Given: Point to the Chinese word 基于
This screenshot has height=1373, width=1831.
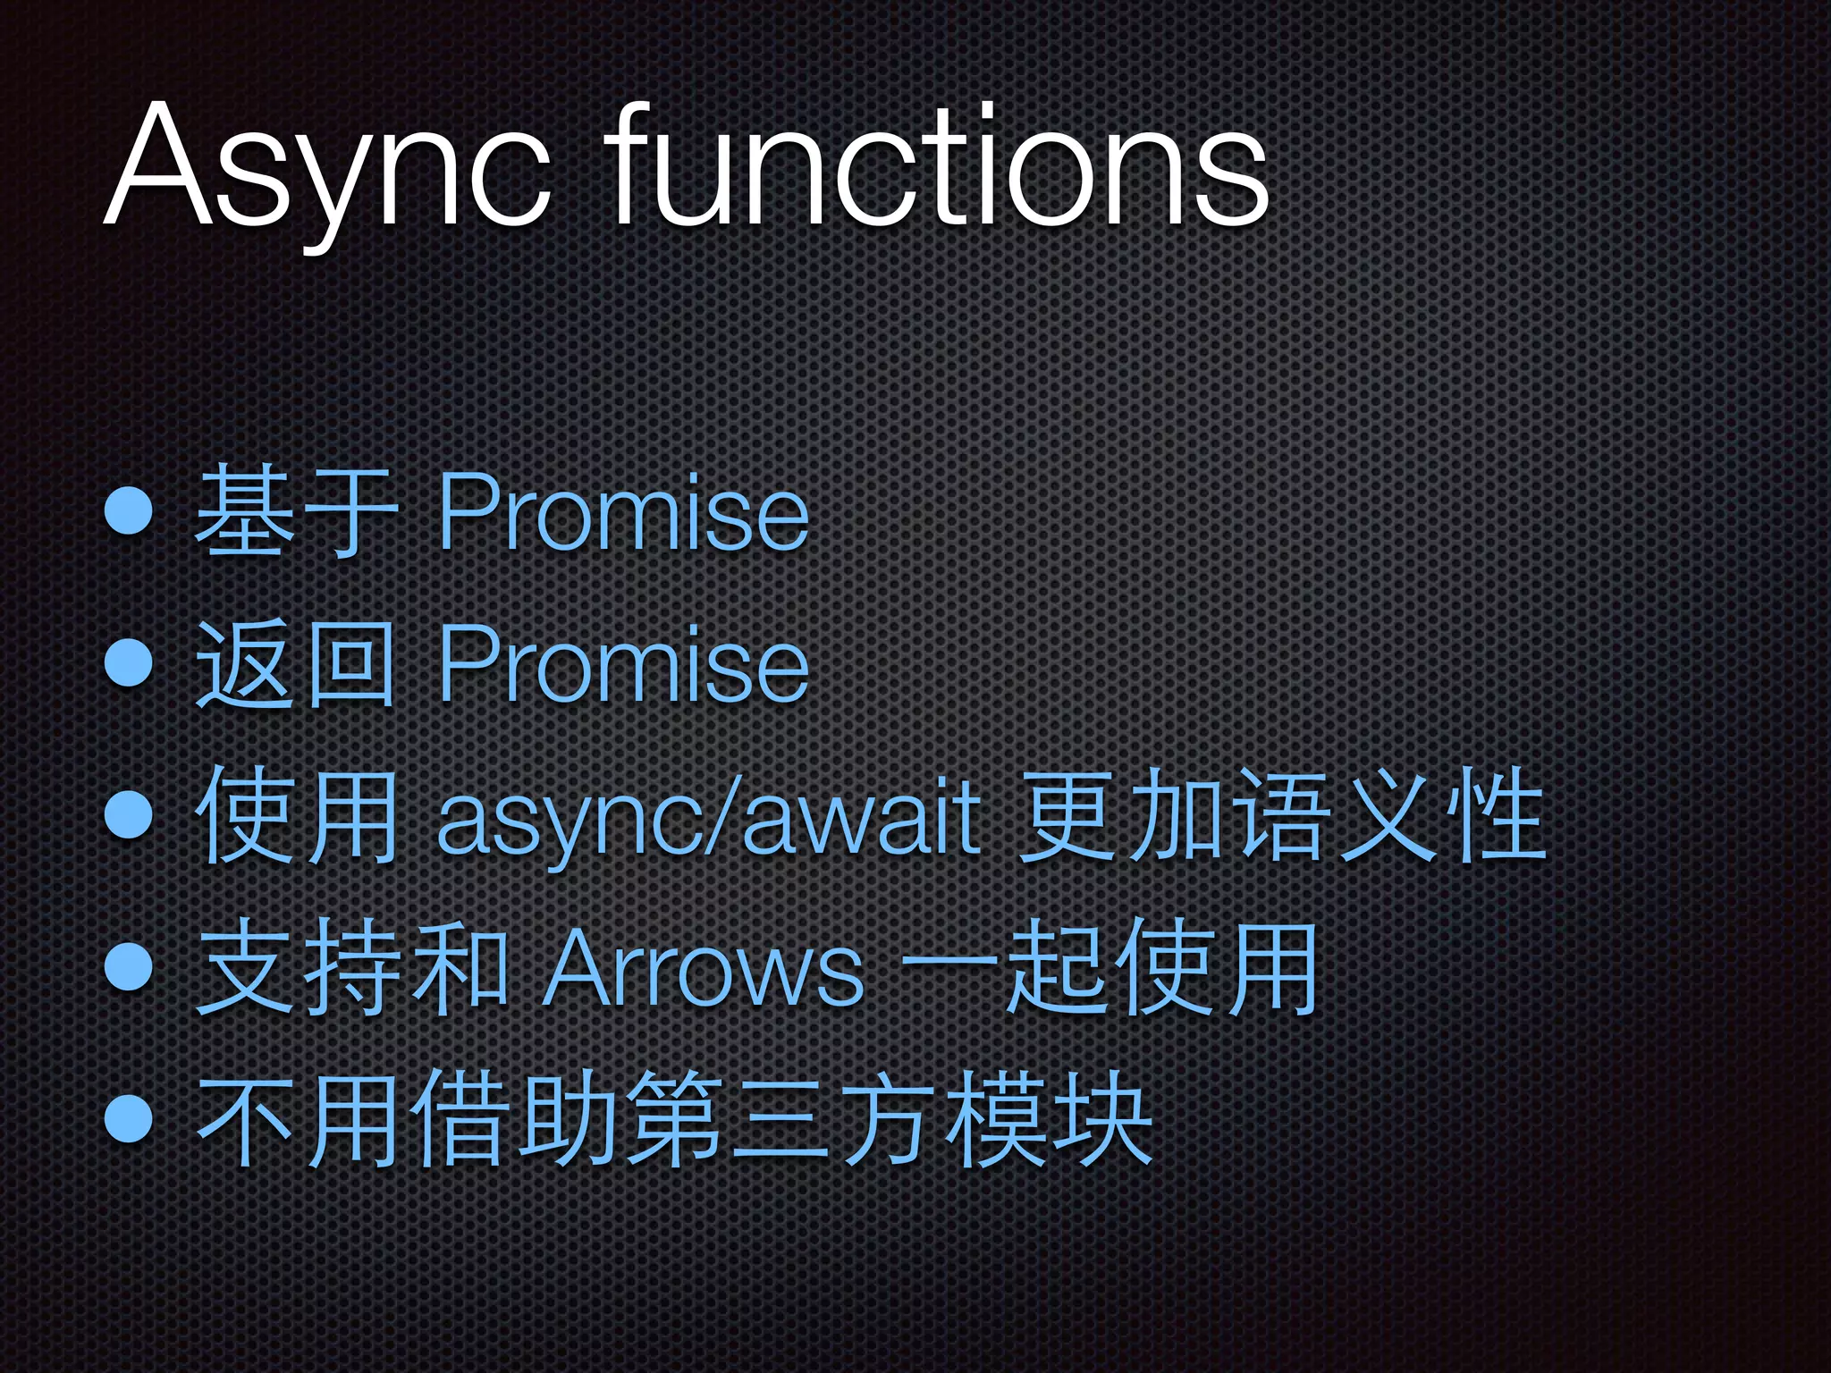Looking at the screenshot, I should pos(294,513).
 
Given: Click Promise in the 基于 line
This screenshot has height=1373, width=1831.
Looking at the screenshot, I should pos(623,513).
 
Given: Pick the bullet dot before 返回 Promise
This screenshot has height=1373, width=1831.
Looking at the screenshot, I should pos(131,663).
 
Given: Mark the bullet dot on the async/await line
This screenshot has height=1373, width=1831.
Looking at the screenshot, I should pos(131,814).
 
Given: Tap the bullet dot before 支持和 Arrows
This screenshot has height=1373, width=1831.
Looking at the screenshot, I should pos(131,966).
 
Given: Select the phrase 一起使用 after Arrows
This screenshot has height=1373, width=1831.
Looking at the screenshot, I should pos(1110,968).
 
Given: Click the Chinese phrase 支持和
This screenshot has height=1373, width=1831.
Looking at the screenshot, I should pos(350,968).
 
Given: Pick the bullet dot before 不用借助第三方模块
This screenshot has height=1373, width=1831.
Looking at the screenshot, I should pos(131,1118).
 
